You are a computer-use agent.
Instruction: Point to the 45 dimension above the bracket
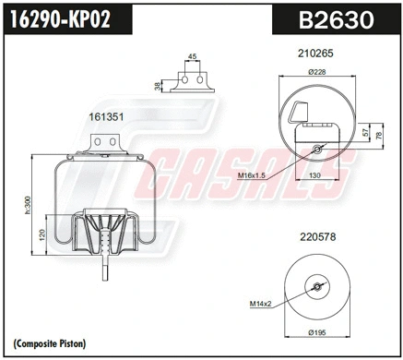191,57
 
